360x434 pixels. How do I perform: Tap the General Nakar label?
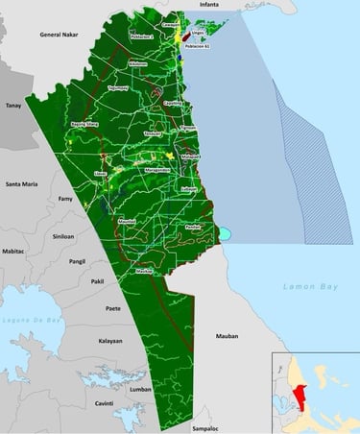(x=57, y=34)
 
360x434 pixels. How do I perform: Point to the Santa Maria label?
(x=21, y=182)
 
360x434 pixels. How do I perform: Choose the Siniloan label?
(x=64, y=234)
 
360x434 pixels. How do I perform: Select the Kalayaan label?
(x=111, y=341)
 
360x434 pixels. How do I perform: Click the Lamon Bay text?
(x=304, y=287)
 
